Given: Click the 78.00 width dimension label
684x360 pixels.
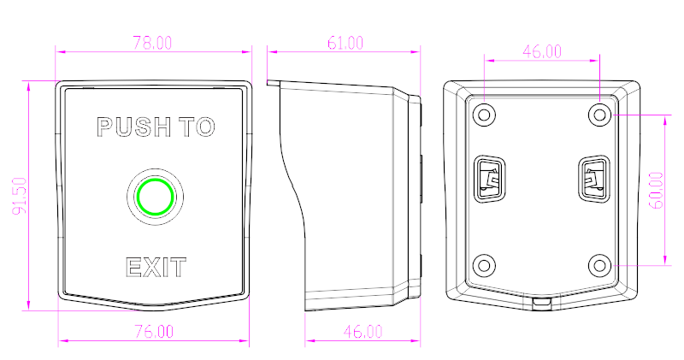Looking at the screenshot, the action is point(152,43).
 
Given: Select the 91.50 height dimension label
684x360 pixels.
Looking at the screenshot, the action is point(20,196).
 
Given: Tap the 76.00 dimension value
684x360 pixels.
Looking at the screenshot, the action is point(154,332).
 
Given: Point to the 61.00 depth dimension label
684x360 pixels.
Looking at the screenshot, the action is point(345,43).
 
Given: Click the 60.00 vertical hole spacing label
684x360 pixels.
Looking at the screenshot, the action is point(657,190).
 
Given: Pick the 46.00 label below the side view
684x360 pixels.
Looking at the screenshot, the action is point(363,332).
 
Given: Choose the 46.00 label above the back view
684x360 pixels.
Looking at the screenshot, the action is point(542,51).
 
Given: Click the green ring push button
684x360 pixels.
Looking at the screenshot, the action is point(155,197).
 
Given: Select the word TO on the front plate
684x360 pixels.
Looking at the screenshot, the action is point(198,127).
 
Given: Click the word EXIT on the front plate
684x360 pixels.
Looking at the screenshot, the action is point(156,268).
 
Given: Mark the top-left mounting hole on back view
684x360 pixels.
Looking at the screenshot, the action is point(484,115).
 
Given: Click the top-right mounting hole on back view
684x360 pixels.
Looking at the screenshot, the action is point(600,115).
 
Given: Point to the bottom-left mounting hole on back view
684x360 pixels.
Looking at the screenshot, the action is point(484,265).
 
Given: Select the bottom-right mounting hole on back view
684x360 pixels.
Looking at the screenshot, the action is point(600,265).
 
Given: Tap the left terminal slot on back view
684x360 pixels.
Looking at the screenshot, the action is point(489,179).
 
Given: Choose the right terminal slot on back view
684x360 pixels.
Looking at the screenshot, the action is point(594,179).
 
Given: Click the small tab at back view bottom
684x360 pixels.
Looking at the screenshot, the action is point(542,303).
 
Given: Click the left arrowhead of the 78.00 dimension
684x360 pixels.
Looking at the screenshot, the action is point(61,52).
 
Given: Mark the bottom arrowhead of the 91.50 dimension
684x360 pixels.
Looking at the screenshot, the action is point(29,305).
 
